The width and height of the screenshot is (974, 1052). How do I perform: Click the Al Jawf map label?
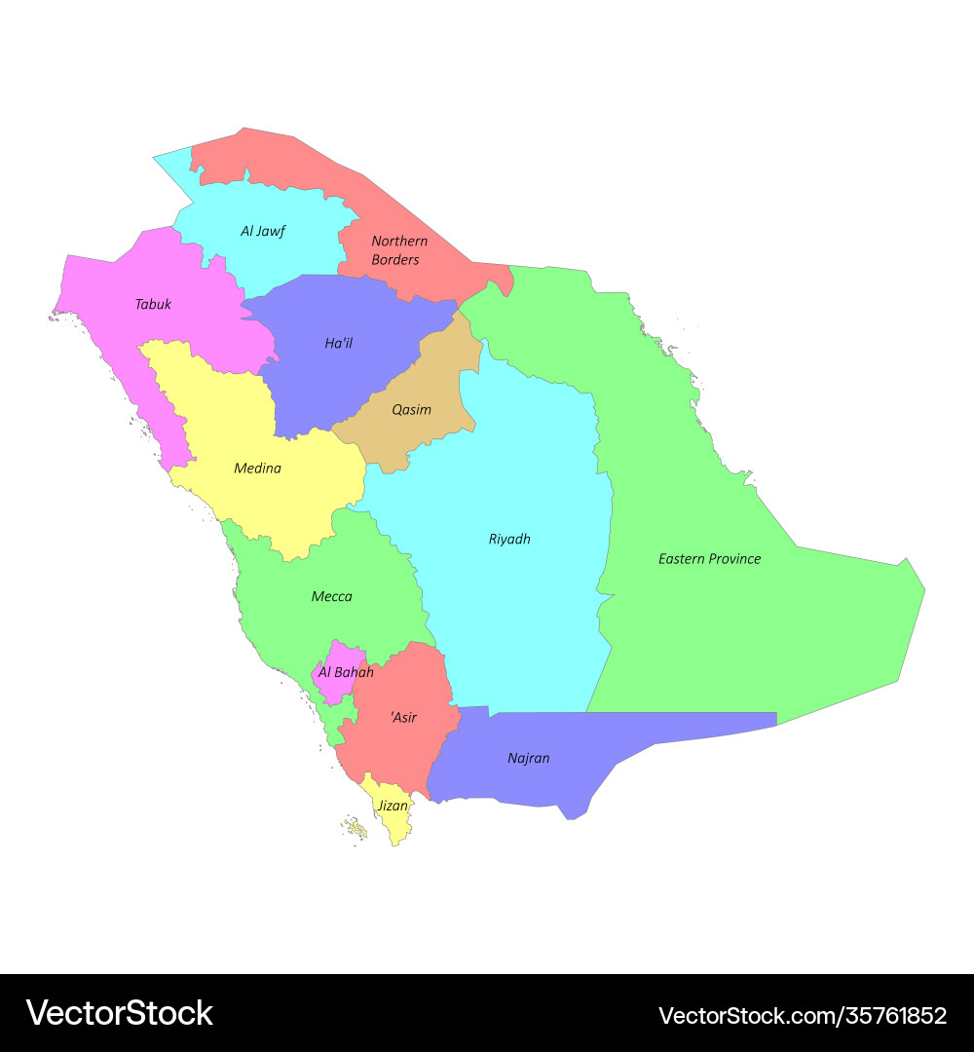[x=263, y=231]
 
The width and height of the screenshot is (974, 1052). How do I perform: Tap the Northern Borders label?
[x=398, y=250]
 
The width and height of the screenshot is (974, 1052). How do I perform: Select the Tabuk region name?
[x=153, y=304]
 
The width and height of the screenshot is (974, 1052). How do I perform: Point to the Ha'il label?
[x=338, y=343]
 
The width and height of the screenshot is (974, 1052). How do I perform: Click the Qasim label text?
[x=411, y=409]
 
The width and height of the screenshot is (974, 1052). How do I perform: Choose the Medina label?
[x=257, y=468]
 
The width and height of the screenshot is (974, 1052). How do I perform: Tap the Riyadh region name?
[x=509, y=539]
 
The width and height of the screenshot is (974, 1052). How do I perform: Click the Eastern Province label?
[x=709, y=558]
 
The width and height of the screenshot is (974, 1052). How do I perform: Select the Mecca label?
[x=331, y=596]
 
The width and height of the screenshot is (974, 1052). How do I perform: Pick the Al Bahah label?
[x=346, y=672]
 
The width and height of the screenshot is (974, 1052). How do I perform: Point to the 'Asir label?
[x=403, y=717]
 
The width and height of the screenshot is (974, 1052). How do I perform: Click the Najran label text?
[x=528, y=758]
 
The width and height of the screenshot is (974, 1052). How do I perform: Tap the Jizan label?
[x=393, y=806]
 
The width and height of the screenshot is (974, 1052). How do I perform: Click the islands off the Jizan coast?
[x=356, y=830]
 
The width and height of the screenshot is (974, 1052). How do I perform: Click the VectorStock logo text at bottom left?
[x=119, y=1013]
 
